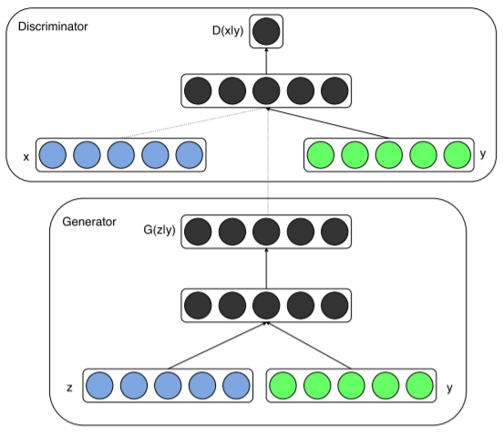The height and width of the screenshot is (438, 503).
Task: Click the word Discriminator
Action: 53,26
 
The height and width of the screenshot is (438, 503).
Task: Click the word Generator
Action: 89,222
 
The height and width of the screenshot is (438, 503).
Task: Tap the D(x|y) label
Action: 228,31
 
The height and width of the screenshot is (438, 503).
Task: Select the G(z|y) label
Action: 159,230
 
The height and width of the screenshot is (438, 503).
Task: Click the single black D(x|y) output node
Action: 266,31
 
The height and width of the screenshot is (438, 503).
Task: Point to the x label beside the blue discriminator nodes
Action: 26,157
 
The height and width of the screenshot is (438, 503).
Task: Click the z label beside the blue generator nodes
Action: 69,388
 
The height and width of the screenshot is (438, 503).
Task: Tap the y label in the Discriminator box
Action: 483,154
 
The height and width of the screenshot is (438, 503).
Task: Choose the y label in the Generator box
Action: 449,388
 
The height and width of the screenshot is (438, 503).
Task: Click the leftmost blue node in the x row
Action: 53,155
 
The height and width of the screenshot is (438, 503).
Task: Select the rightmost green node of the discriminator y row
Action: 457,155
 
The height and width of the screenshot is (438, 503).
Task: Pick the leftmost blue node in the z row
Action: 99,386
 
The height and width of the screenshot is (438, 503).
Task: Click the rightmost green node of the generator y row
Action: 419,386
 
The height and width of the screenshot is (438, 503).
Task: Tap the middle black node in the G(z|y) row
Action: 266,232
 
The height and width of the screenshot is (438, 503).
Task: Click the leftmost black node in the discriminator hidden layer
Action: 198,90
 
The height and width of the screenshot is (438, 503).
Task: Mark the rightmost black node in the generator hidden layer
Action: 334,306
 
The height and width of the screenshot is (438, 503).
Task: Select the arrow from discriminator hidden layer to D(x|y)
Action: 266,61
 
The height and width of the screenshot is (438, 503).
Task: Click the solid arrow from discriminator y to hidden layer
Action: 327,123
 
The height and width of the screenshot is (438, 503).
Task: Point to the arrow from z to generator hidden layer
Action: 217,346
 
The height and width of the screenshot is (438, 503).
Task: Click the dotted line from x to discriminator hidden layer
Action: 193,123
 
